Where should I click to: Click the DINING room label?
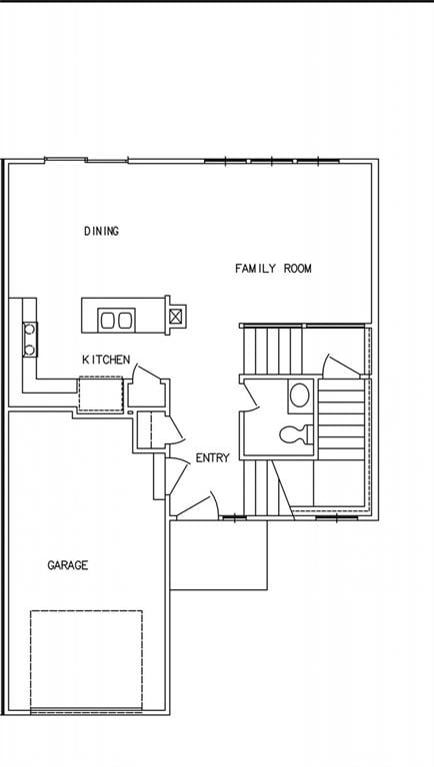101,232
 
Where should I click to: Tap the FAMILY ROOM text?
273,269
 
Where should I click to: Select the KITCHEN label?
106,360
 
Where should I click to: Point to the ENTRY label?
212,458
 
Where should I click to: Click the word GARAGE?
68,565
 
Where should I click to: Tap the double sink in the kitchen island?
116,321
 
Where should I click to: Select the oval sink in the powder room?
299,395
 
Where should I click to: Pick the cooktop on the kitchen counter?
30,339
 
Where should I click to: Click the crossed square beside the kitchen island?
176,317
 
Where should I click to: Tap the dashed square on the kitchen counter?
100,393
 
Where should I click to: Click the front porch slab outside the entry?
218,555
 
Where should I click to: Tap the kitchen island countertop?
124,315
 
